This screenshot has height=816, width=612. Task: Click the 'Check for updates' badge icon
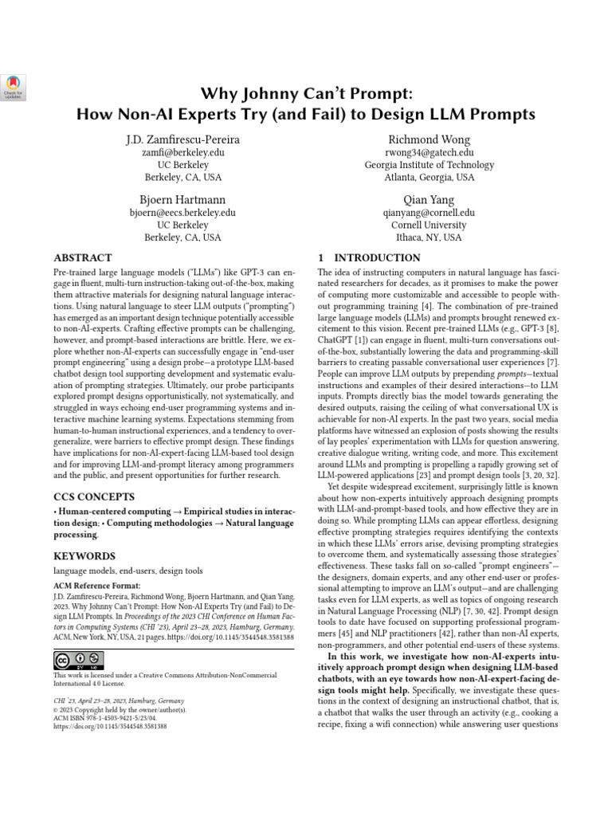click(x=14, y=85)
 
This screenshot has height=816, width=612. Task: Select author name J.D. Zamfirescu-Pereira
click(x=182, y=139)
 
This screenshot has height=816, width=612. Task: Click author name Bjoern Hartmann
click(x=182, y=199)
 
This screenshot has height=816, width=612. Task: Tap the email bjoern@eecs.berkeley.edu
click(x=182, y=213)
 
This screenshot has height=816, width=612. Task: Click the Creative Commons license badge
click(x=79, y=660)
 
